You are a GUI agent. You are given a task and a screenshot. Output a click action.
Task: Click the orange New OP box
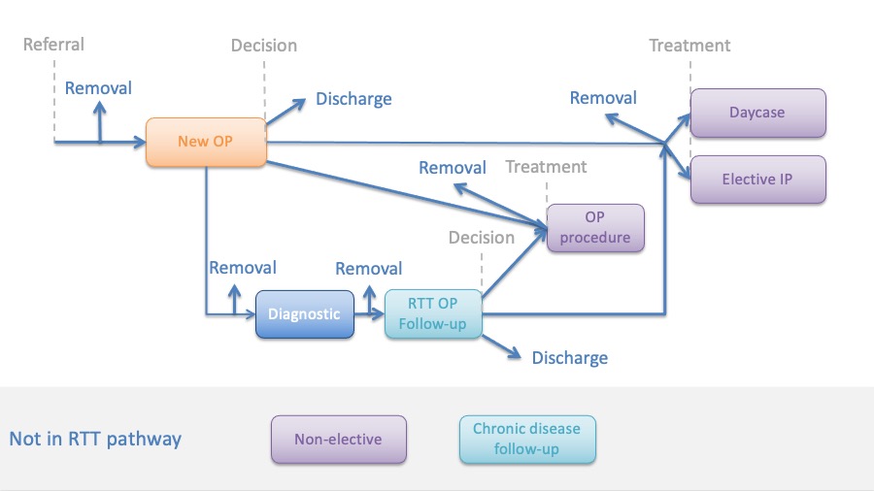[x=206, y=142]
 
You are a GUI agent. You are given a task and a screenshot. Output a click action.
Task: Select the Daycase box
[x=758, y=113]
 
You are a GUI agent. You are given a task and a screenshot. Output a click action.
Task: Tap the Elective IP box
[x=758, y=180]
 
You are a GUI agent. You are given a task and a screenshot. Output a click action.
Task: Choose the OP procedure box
[x=595, y=228]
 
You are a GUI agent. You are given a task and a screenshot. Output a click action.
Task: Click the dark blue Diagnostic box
[x=304, y=314]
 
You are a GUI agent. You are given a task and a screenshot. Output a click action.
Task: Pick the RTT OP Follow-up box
[x=433, y=314]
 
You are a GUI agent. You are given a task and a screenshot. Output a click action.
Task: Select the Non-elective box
[x=338, y=440]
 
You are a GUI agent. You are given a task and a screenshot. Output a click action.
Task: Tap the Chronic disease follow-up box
[x=527, y=440]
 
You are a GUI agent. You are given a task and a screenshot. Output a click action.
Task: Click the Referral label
[x=53, y=45]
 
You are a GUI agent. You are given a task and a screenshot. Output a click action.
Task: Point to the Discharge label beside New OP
[x=353, y=99]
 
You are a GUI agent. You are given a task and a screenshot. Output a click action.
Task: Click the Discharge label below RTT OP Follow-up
[x=570, y=357]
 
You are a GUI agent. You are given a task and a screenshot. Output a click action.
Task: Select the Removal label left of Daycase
[x=602, y=98]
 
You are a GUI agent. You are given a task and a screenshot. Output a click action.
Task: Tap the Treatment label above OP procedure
[x=546, y=167]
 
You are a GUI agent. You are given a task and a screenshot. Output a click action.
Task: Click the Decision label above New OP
[x=263, y=45]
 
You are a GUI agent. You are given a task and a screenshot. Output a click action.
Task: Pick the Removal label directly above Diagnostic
[x=243, y=268]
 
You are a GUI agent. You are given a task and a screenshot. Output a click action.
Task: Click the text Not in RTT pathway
[x=95, y=440]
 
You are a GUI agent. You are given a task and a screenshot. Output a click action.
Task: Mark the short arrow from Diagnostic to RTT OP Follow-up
[x=369, y=314]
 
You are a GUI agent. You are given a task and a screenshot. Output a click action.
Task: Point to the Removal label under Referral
[x=98, y=88]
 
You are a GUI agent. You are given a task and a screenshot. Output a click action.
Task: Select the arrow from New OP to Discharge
[x=286, y=112]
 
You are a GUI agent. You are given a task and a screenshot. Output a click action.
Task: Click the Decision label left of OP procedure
[x=481, y=238]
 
